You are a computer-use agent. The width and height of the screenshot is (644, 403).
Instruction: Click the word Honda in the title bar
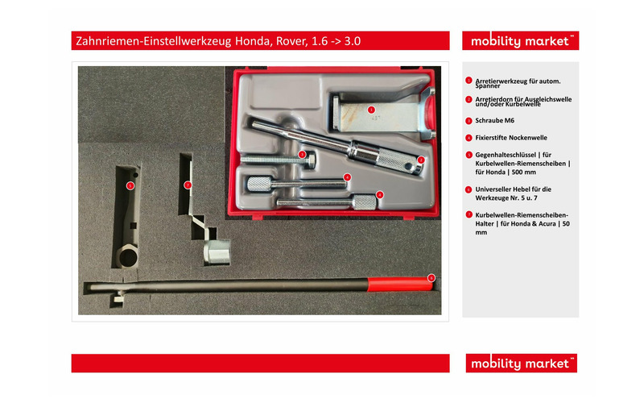coord(242,41)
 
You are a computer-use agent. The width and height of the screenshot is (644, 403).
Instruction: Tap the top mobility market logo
coord(520,41)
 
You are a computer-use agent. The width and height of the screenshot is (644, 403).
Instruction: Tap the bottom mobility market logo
coord(520,364)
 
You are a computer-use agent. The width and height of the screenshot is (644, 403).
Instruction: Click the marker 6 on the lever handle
coord(431,278)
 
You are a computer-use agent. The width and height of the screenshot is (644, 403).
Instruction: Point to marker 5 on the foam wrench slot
coord(130,185)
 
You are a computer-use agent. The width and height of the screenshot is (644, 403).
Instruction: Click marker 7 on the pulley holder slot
coord(187,185)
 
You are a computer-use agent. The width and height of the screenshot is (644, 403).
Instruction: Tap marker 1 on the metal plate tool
coord(371,109)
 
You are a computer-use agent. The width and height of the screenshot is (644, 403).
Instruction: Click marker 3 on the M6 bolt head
coord(302,154)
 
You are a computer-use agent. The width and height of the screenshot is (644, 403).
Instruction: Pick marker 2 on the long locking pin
coord(420,160)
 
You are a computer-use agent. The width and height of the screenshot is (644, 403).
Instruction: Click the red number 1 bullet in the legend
coord(469,81)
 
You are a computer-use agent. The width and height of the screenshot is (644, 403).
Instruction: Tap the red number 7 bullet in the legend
coord(469,214)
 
